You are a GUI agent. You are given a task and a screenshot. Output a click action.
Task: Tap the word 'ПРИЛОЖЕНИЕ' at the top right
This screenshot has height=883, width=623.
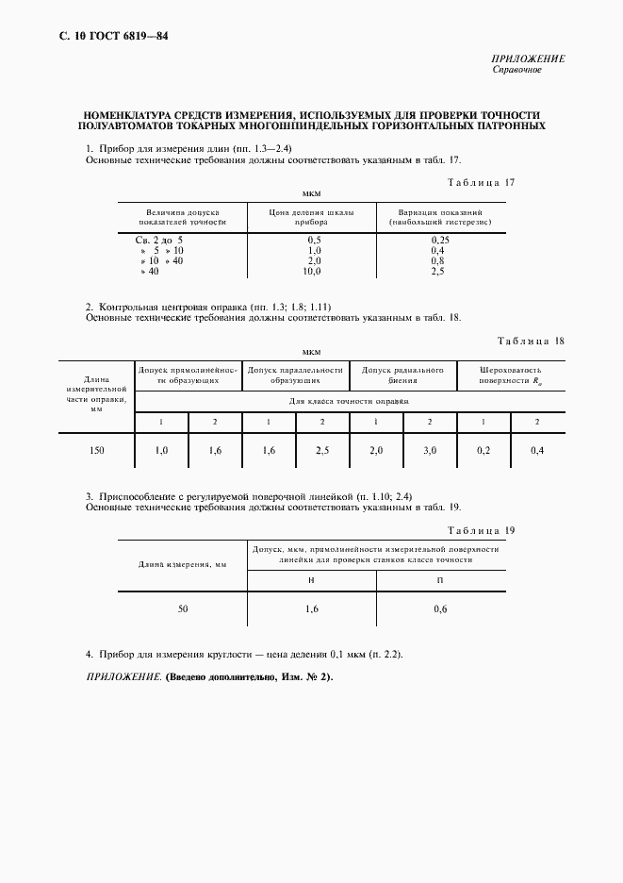(x=529, y=58)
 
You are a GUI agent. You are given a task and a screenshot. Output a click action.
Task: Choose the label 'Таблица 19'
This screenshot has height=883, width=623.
(x=482, y=531)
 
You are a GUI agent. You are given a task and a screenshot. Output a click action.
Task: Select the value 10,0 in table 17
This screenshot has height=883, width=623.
(x=312, y=271)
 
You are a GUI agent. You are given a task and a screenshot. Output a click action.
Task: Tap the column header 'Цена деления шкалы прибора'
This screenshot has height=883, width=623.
(x=311, y=218)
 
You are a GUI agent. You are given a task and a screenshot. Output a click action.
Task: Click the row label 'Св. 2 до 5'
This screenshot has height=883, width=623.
(x=159, y=241)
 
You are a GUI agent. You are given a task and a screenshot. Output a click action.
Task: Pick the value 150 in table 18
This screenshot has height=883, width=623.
(x=97, y=451)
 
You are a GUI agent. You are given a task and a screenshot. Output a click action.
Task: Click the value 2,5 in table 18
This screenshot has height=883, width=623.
(x=322, y=451)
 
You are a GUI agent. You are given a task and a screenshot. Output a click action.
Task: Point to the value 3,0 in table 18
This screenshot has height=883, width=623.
(x=430, y=451)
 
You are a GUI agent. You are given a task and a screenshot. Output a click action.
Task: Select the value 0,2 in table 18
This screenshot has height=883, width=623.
(x=484, y=451)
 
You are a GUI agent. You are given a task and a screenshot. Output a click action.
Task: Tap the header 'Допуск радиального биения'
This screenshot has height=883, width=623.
(x=402, y=375)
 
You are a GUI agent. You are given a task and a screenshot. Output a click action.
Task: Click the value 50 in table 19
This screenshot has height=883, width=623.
(x=183, y=609)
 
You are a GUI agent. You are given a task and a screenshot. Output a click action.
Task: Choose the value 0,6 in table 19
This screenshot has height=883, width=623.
(x=440, y=609)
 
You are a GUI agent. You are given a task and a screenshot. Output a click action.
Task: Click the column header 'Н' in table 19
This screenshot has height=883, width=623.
(x=311, y=579)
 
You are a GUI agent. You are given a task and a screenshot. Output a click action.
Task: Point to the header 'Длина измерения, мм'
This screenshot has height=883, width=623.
(x=183, y=564)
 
